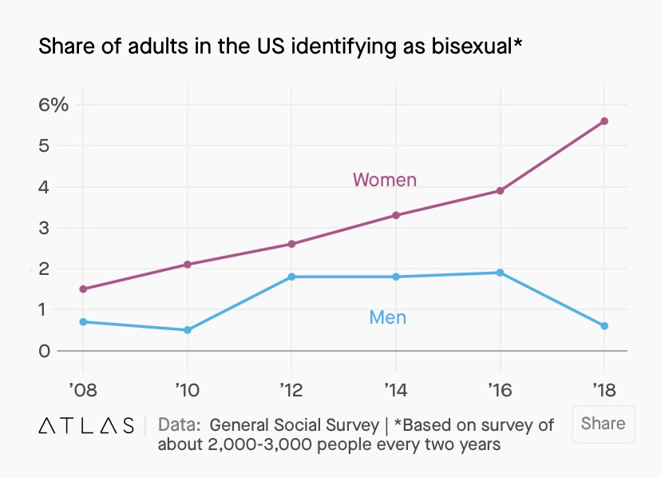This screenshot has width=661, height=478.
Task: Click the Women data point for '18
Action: [604, 121]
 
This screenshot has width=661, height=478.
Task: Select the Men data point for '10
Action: [188, 329]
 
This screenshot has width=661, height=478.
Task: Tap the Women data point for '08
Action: [83, 289]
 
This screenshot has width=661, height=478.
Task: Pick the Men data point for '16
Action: [500, 273]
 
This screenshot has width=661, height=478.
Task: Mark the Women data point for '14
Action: [396, 215]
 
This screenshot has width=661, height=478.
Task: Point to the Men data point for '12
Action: [291, 277]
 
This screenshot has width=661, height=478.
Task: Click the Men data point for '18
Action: [604, 325]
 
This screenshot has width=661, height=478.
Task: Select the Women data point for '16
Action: [500, 190]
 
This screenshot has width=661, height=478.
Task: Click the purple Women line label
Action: [385, 180]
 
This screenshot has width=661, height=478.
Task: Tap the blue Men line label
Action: [387, 317]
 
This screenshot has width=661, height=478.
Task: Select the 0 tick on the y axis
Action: [43, 351]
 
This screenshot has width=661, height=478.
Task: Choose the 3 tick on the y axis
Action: [43, 228]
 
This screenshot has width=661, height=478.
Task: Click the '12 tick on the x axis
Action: [291, 389]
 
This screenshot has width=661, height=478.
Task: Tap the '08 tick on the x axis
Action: [82, 389]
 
